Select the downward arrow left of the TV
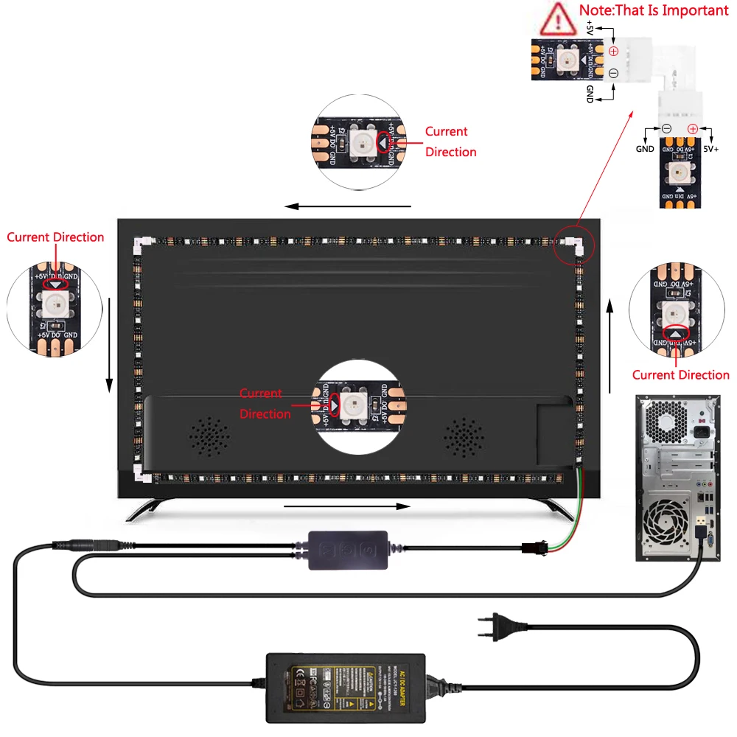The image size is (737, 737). pyautogui.click(x=109, y=346)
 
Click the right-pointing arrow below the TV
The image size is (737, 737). pyautogui.click(x=346, y=506)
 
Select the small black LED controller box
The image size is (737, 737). pyautogui.click(x=347, y=548)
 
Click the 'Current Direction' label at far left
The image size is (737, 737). pyautogui.click(x=55, y=237)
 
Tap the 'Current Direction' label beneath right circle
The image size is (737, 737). pyautogui.click(x=680, y=375)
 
